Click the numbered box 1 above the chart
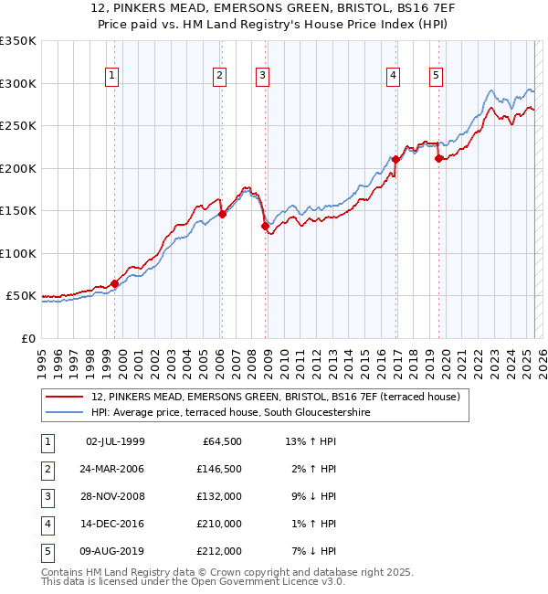coord(111,77)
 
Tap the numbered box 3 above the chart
coord(262,77)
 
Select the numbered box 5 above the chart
coord(436,77)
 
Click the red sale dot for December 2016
coord(395,159)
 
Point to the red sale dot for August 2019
coord(438,158)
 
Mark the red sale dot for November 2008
coord(265,226)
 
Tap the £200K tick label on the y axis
coord(18,168)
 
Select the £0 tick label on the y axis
coord(28,338)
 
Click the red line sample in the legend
coord(65,398)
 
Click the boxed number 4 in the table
coord(47,525)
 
